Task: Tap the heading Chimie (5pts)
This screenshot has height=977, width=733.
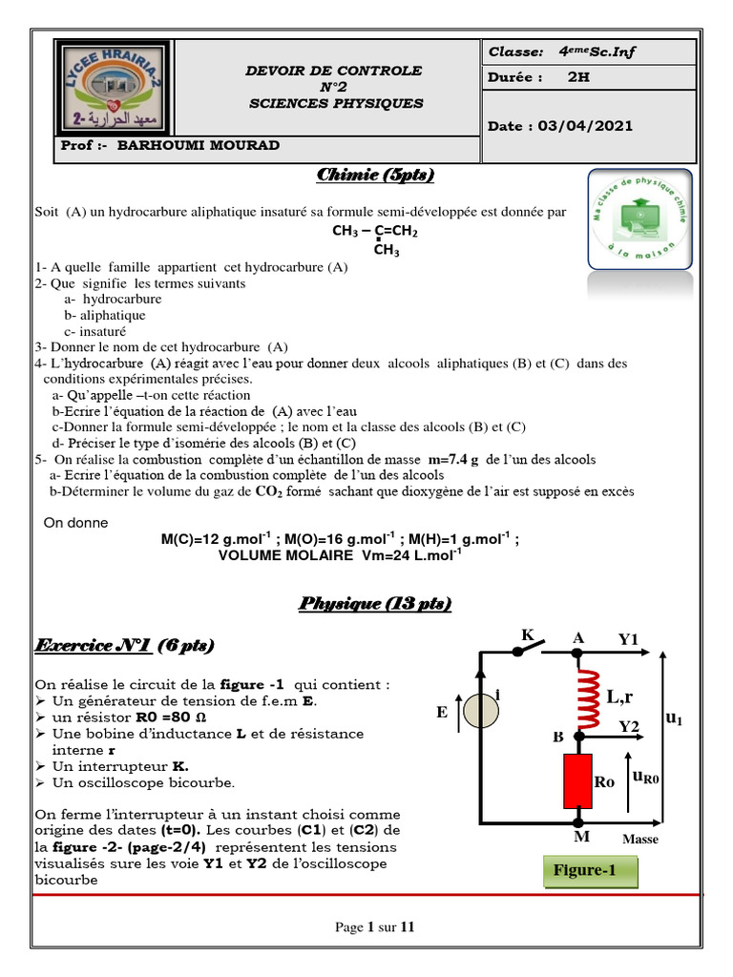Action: click(x=375, y=175)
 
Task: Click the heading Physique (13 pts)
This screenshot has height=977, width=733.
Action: click(x=375, y=604)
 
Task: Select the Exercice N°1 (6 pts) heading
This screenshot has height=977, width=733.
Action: click(x=124, y=646)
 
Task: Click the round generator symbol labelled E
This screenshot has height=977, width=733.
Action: click(x=481, y=710)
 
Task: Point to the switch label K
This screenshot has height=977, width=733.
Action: click(x=526, y=635)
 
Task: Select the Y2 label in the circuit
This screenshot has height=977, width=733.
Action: click(x=628, y=726)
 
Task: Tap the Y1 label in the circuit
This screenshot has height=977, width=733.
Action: click(x=627, y=639)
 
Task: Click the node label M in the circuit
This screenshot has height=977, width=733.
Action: click(x=580, y=837)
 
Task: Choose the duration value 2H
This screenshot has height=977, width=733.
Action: click(x=578, y=78)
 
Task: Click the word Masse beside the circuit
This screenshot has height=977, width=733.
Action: click(x=640, y=840)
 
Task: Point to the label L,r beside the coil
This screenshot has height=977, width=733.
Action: click(x=621, y=697)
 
